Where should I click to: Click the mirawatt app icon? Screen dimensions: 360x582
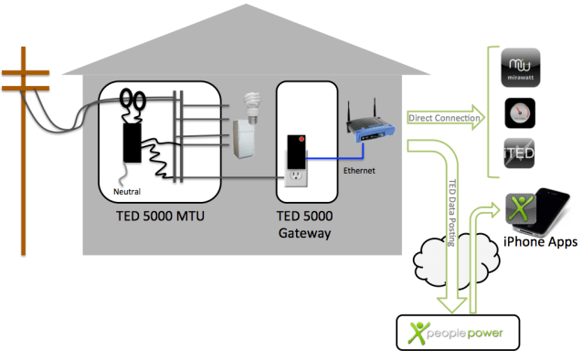point(523,70)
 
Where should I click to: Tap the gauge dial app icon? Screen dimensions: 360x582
point(523,113)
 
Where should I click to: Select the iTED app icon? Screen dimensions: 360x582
point(523,153)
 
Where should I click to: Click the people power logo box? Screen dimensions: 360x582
point(454,331)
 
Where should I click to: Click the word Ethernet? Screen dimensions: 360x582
point(358,169)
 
